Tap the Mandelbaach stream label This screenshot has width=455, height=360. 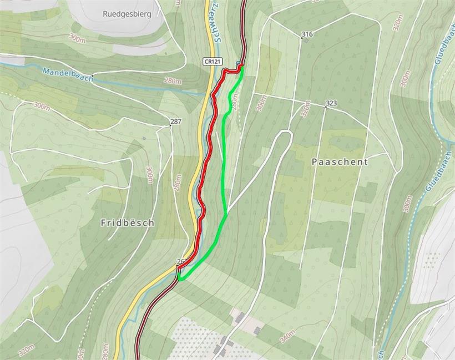pyautogui.click(x=66, y=74)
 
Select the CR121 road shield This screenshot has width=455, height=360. pyautogui.click(x=209, y=61)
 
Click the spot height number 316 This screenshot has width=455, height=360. pyautogui.click(x=307, y=34)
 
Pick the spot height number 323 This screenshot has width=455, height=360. pyautogui.click(x=331, y=103)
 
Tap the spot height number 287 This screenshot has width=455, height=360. pyautogui.click(x=176, y=121)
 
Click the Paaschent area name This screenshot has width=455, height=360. pyautogui.click(x=340, y=162)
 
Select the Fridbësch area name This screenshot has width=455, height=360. pyautogui.click(x=127, y=222)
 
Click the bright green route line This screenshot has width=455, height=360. pyautogui.click(x=224, y=166)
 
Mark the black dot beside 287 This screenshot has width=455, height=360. pyautogui.click(x=170, y=126)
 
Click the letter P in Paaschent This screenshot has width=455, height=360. pyautogui.click(x=315, y=162)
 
